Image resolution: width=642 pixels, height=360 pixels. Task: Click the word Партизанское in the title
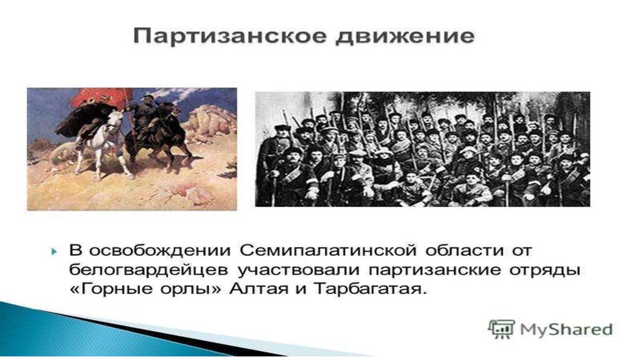click(x=231, y=37)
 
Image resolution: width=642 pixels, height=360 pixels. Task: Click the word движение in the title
click(x=405, y=36)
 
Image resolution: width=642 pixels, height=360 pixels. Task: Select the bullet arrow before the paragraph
click(x=55, y=251)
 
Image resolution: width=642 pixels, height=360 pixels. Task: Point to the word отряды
click(x=544, y=271)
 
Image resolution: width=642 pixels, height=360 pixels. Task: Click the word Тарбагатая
click(x=370, y=290)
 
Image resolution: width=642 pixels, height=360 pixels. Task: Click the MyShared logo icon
click(x=501, y=329)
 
